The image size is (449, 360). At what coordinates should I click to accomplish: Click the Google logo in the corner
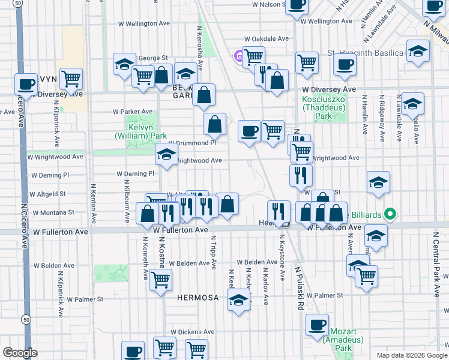click(x=20, y=353)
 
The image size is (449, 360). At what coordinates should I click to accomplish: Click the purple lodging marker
click(x=238, y=57)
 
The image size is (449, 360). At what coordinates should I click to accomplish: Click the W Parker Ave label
click(x=133, y=112)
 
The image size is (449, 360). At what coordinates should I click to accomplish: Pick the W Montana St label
click(x=54, y=212)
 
